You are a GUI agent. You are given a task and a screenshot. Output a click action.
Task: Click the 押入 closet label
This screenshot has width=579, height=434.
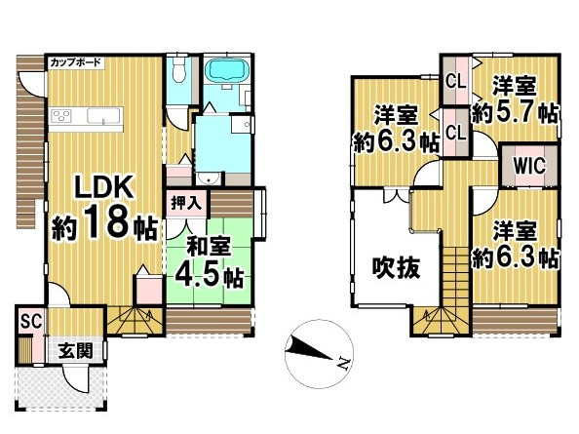[x=186, y=203]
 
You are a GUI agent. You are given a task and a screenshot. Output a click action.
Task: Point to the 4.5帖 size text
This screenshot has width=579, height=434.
[x=208, y=275]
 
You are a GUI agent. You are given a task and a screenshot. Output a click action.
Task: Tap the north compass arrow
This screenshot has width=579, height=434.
[x=313, y=349]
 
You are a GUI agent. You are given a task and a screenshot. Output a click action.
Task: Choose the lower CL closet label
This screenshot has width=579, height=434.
[x=454, y=130]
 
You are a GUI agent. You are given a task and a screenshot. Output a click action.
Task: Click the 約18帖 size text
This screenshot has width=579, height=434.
[x=104, y=226]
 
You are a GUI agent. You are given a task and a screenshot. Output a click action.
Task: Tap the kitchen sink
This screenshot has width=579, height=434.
[x=100, y=116]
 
